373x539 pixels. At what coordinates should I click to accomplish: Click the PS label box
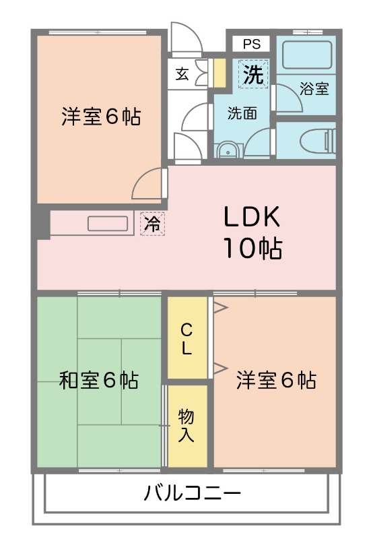click(252, 44)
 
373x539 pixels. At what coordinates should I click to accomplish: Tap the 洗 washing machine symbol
click(252, 74)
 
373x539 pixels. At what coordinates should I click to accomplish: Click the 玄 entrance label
click(182, 74)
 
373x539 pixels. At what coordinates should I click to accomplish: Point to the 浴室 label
click(314, 88)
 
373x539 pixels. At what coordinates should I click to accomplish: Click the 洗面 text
click(241, 113)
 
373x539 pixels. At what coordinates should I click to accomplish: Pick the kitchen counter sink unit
click(108, 224)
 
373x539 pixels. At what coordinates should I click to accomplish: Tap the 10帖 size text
click(252, 249)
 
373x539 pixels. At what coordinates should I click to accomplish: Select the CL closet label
click(186, 339)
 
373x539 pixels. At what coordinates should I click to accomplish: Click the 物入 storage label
click(186, 424)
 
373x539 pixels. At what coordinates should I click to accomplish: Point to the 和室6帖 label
click(99, 381)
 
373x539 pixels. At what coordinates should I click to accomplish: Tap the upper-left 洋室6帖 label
click(101, 117)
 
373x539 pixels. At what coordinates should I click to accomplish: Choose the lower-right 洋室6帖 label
click(276, 381)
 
